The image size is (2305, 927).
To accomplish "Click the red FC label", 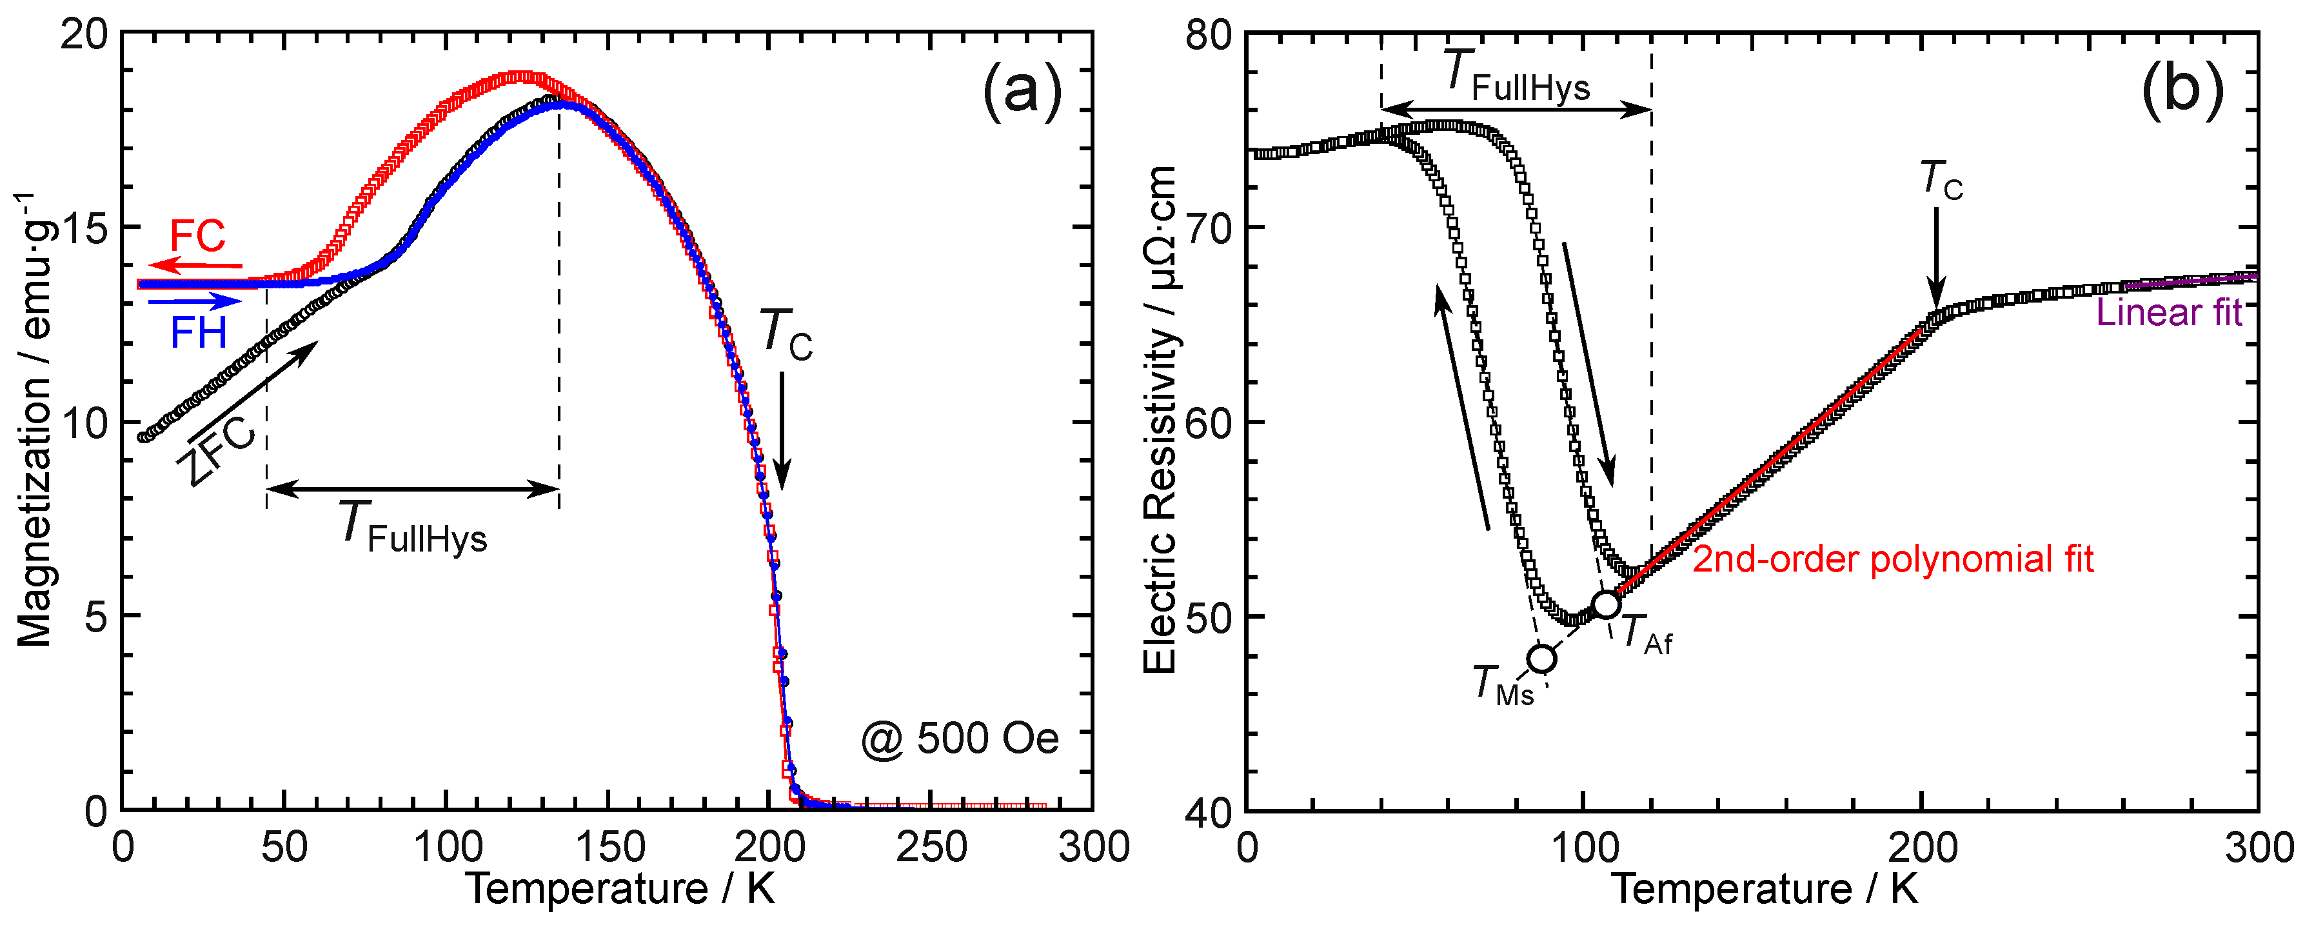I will [x=198, y=236].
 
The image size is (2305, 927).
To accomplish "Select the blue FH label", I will [x=198, y=334].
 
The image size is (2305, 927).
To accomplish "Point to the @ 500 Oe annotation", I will [x=959, y=739].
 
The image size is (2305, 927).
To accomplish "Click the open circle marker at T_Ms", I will [x=1541, y=659].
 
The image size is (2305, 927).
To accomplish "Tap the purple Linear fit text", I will [x=2169, y=312].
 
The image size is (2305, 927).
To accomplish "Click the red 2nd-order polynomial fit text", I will [x=1892, y=559].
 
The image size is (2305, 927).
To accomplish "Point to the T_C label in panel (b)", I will [x=1941, y=180].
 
